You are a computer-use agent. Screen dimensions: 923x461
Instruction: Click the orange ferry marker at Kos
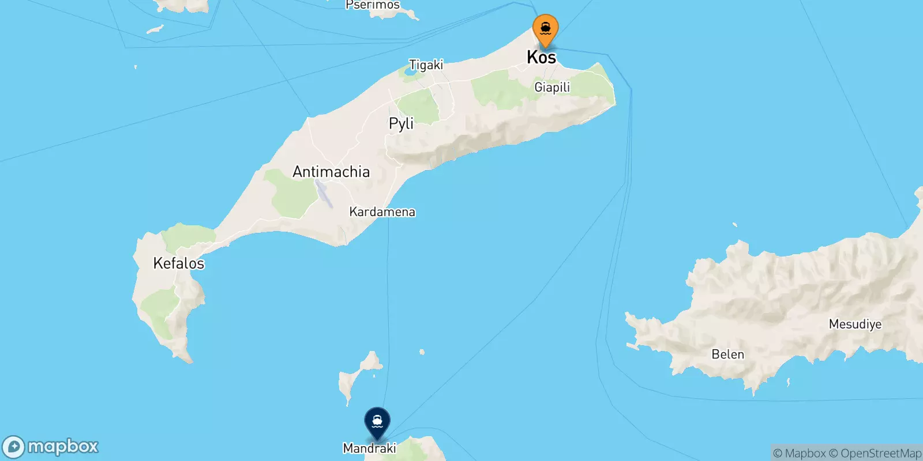[545, 29]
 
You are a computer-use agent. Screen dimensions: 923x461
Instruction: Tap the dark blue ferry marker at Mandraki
[377, 422]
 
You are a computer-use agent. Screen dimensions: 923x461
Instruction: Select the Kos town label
[541, 57]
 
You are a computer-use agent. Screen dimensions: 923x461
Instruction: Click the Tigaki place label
[426, 65]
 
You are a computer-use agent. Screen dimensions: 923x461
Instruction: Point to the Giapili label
[552, 87]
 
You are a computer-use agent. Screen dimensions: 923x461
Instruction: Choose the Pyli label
[402, 123]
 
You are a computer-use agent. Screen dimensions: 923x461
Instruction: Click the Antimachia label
[331, 172]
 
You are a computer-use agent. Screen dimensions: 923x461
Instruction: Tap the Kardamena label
[382, 211]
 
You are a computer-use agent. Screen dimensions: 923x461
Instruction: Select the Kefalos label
[179, 263]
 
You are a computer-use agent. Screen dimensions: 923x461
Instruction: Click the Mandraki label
[369, 448]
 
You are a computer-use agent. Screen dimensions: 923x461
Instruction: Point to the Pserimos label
[372, 5]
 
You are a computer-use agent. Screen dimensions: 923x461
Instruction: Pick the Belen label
[727, 354]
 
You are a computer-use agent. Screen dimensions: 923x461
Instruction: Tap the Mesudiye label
[855, 324]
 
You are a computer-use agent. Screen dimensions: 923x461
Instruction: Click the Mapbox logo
[51, 447]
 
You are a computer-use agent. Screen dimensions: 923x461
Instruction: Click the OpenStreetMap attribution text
[881, 454]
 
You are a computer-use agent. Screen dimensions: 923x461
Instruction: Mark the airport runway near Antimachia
[324, 194]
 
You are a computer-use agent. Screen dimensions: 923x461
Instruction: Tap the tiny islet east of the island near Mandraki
[422, 352]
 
